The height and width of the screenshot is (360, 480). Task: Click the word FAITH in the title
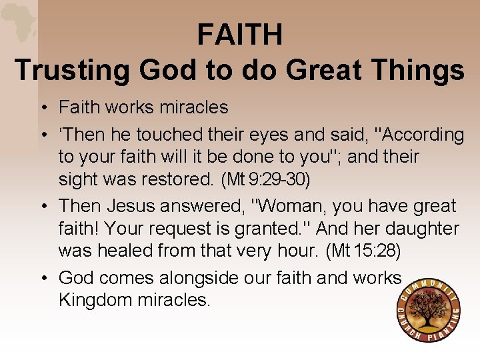click(x=239, y=35)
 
